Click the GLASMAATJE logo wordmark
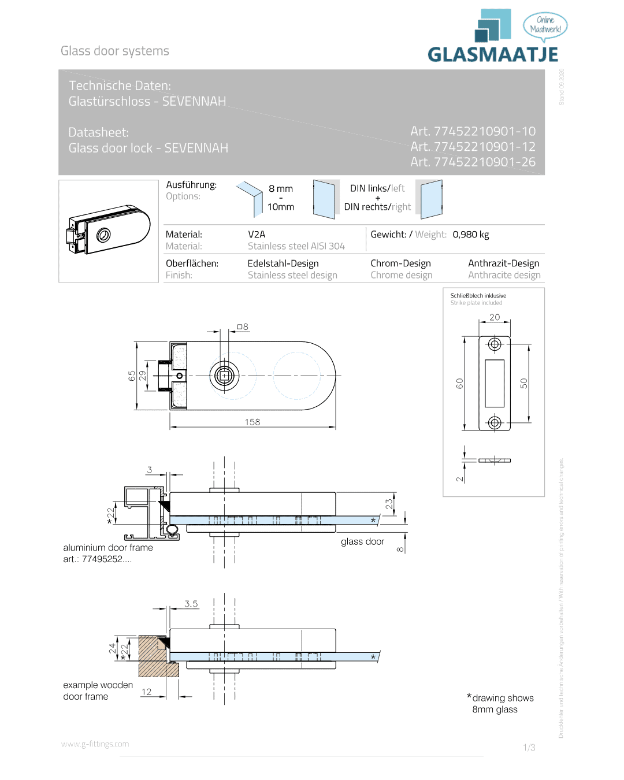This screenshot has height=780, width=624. (493, 54)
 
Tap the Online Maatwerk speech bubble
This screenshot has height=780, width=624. (545, 25)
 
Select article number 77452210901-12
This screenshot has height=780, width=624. (473, 147)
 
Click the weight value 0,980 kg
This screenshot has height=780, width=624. (471, 235)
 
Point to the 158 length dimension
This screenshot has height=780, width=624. (252, 422)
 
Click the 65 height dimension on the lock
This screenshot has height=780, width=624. (132, 376)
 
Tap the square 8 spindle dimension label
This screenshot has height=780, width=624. (243, 327)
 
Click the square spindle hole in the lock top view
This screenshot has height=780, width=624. (224, 376)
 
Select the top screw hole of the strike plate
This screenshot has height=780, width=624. (495, 344)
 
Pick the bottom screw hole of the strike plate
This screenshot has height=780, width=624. (495, 422)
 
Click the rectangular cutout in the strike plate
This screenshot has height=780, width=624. (495, 383)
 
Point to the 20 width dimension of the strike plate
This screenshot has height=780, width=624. (495, 317)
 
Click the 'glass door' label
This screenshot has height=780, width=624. (362, 541)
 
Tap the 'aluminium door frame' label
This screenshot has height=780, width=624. (108, 547)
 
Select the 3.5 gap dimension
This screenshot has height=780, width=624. (191, 604)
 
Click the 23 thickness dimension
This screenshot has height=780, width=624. (389, 503)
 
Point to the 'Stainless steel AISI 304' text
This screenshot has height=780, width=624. (296, 246)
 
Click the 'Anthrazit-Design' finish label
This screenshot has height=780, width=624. (503, 263)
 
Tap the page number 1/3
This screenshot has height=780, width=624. (529, 748)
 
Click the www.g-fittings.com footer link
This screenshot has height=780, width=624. (95, 744)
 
